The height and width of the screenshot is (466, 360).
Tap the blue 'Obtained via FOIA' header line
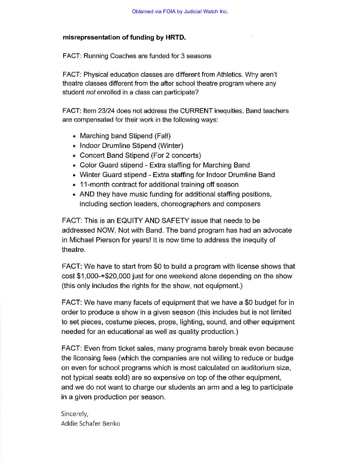tap(180, 12)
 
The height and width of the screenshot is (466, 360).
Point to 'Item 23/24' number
tap(100, 111)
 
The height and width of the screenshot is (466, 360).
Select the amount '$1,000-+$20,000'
tap(102, 276)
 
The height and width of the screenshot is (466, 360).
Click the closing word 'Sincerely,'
tap(75, 414)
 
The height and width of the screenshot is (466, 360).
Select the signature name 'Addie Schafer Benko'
tap(91, 424)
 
